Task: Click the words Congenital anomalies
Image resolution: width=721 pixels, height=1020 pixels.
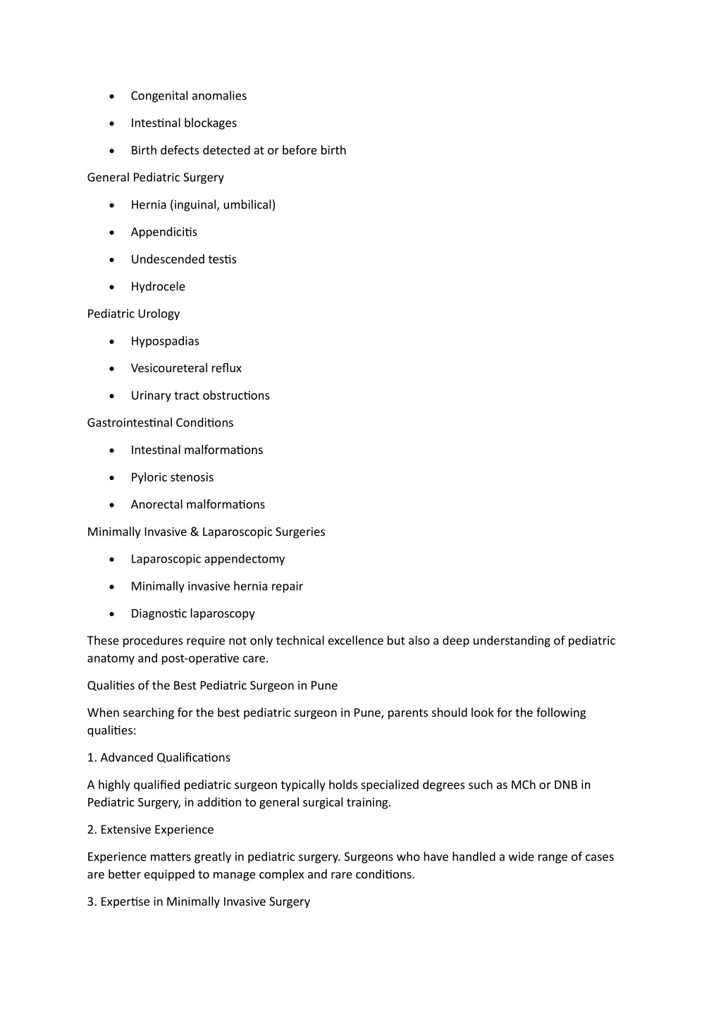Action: coord(188,96)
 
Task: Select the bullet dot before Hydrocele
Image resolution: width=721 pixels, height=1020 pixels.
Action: coord(112,287)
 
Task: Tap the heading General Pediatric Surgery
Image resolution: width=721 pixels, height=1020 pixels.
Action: coord(155,178)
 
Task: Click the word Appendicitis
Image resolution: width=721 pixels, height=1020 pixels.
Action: coord(164,232)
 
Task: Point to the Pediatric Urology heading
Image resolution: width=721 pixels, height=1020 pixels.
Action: coord(133,314)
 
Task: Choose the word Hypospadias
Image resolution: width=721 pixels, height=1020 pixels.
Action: coord(165,341)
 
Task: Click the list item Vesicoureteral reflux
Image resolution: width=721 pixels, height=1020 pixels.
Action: coord(186,369)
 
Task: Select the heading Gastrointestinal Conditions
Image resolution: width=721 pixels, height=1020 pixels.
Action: coord(160,423)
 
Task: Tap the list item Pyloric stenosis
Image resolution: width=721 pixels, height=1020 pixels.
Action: coord(172,477)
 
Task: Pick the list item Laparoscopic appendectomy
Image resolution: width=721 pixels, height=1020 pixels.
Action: coord(208,559)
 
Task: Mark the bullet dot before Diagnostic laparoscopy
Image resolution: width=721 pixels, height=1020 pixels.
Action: coord(112,614)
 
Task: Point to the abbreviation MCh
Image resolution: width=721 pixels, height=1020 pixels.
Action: coord(523,785)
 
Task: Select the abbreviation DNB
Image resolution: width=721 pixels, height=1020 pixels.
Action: coord(565,785)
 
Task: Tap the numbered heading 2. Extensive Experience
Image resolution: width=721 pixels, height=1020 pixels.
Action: coord(150,830)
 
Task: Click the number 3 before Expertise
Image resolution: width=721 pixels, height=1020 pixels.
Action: coord(91,902)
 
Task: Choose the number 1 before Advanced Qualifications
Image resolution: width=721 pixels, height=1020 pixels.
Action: coord(91,758)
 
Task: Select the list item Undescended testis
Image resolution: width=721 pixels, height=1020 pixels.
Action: coord(183,259)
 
